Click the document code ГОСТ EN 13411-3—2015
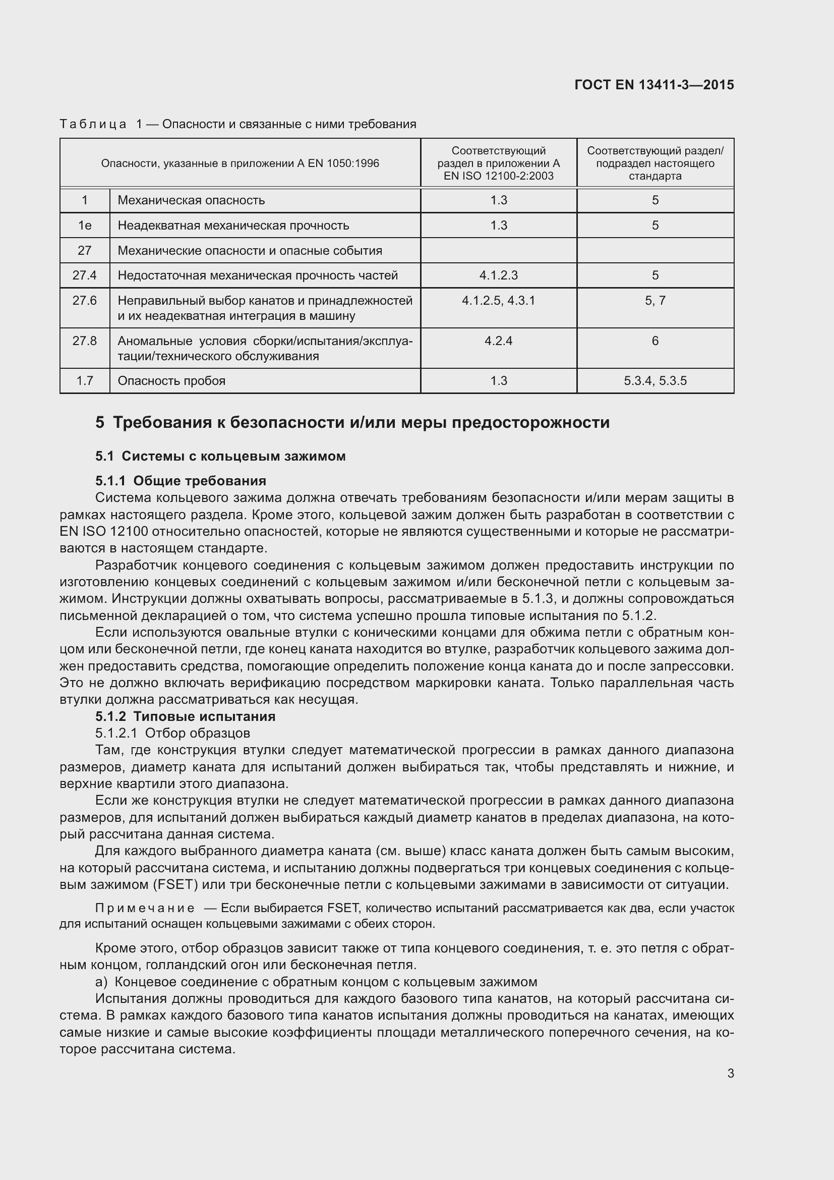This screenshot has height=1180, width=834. coord(654,85)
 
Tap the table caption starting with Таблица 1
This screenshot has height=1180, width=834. coord(237,124)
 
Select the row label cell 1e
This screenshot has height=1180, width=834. coord(85,225)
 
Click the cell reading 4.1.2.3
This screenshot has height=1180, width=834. coord(498,275)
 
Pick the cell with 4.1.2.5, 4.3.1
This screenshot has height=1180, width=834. coord(498,301)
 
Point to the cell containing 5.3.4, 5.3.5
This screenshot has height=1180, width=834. coord(655,381)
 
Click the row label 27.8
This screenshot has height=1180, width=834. coord(85,341)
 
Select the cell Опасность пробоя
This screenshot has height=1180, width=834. coord(171,381)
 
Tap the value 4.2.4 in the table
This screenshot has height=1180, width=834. coord(498,341)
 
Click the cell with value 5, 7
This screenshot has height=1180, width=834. coord(655,301)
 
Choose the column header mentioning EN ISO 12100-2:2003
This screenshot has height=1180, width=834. coord(498,163)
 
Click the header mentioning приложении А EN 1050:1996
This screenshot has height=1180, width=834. coord(240,163)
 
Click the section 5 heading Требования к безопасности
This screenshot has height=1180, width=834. coord(352,422)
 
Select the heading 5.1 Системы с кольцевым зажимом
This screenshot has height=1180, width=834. coord(220,457)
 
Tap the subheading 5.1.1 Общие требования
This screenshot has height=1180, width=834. coord(181,481)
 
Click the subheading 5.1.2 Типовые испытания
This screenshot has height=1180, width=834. coord(186,716)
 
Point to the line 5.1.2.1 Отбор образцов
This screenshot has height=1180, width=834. coord(172,733)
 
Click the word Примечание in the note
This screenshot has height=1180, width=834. coord(145,909)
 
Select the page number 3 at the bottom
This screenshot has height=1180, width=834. coord(730,1074)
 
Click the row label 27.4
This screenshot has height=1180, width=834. coord(85,275)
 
